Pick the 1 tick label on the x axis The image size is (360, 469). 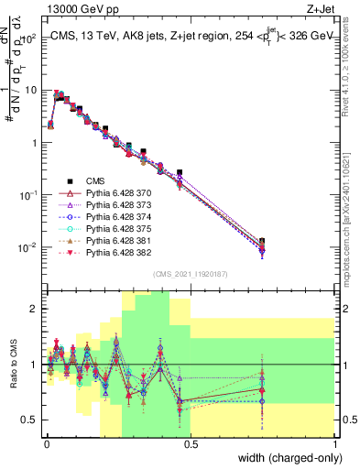tap(335, 447)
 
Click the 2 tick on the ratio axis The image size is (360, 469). tap(35, 309)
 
